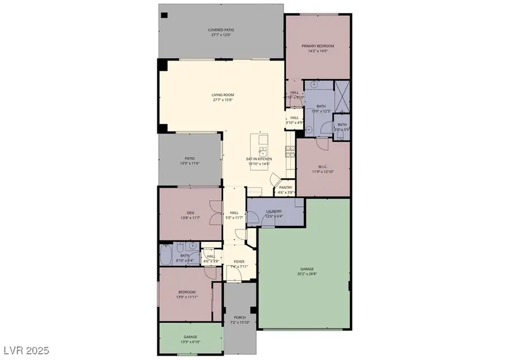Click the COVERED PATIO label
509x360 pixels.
tap(222, 29)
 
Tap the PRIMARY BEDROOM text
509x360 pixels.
tap(317, 46)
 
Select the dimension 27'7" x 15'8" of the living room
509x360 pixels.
tap(223, 100)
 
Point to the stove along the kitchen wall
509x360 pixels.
tap(290, 150)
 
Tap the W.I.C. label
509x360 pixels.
tap(322, 166)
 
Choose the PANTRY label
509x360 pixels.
tap(285, 188)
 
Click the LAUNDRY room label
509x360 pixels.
tap(274, 211)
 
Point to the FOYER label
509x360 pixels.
tap(239, 262)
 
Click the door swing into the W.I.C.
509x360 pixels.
tap(321, 144)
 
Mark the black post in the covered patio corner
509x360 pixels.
tap(163, 15)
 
